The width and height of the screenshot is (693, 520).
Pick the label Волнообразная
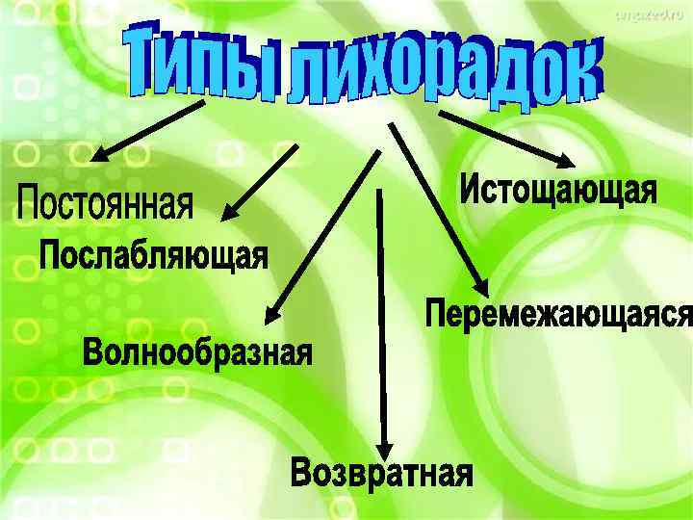(197, 351)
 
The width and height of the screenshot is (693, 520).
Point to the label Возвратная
(382, 474)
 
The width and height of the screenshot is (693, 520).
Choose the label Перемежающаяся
(558, 314)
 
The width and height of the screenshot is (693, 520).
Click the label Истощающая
(557, 189)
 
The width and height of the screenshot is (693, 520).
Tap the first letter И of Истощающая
(471, 189)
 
